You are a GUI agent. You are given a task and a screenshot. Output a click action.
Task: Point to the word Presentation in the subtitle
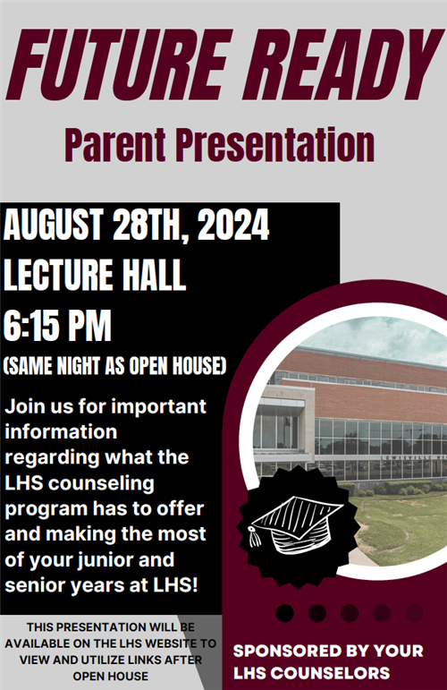[274, 145]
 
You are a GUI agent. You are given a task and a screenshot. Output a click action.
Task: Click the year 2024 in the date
[233, 225]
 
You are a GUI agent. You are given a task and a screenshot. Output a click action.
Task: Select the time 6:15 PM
[57, 326]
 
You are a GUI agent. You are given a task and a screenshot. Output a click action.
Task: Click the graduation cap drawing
[295, 524]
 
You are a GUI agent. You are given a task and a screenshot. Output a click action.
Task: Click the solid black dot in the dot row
[285, 613]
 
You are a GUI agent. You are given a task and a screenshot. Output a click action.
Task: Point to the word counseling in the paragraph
[101, 483]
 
